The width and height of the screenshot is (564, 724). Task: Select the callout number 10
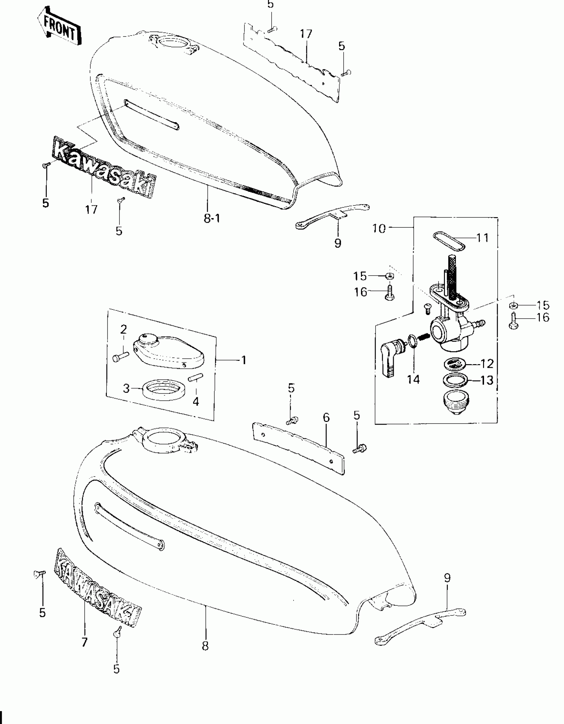click(379, 228)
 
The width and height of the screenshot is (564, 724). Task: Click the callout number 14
click(413, 379)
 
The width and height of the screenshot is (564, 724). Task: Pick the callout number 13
click(487, 380)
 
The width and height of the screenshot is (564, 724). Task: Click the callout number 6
click(326, 418)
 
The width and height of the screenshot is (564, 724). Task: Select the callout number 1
click(244, 360)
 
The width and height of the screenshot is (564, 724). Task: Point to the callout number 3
click(126, 388)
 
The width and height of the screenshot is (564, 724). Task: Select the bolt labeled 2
click(120, 358)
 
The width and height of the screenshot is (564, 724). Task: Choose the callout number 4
click(196, 402)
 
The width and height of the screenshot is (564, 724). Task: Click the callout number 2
click(123, 329)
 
